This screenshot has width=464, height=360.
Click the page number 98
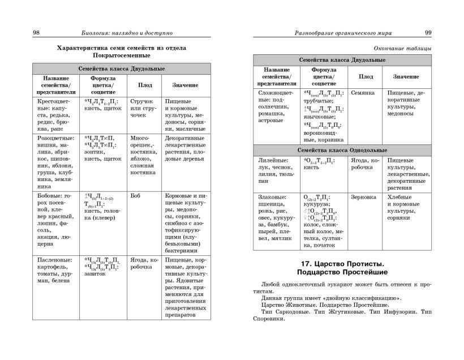(x=36, y=33)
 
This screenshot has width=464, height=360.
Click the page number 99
(x=427, y=33)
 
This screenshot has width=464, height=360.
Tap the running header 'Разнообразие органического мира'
(x=337, y=33)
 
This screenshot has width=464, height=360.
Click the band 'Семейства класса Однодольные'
(x=342, y=150)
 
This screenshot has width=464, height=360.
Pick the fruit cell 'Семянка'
(x=363, y=92)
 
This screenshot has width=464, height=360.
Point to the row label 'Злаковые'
(x=272, y=198)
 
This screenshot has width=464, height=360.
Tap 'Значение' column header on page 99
(x=406, y=76)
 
